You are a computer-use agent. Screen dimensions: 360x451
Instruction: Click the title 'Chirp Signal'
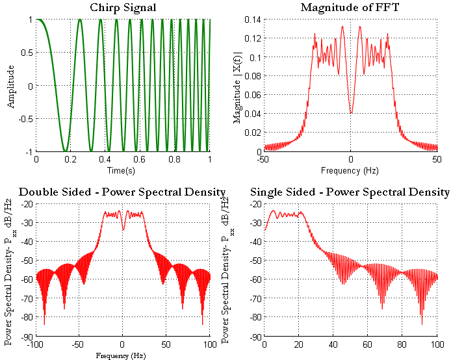(x=122, y=7)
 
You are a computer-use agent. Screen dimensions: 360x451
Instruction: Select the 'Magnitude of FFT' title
(x=350, y=7)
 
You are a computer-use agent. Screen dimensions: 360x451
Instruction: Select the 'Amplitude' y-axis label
(x=10, y=86)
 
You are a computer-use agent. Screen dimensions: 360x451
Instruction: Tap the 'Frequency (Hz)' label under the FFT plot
(x=350, y=170)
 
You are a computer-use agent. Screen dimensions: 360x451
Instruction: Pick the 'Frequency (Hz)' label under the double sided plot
(x=122, y=355)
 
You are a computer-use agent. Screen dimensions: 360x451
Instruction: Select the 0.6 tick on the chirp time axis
(x=140, y=159)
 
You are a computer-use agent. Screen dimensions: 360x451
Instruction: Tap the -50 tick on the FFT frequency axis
(x=263, y=159)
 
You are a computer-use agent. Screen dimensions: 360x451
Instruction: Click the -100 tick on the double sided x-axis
(x=35, y=344)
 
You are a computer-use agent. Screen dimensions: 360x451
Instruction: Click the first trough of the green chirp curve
(x=64, y=150)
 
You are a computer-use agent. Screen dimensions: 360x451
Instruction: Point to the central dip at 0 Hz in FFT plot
(x=350, y=112)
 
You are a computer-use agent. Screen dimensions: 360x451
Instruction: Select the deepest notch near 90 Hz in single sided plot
(x=422, y=323)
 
